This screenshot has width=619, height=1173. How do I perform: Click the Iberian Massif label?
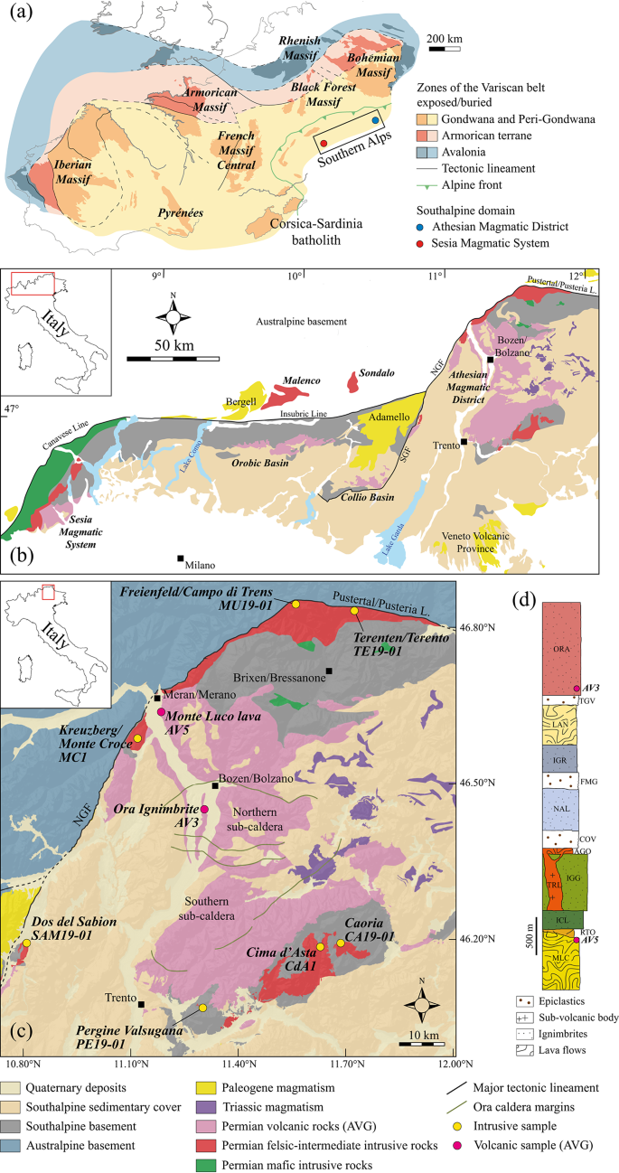[x=68, y=175]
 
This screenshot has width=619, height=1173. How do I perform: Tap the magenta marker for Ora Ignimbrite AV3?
[x=204, y=810]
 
